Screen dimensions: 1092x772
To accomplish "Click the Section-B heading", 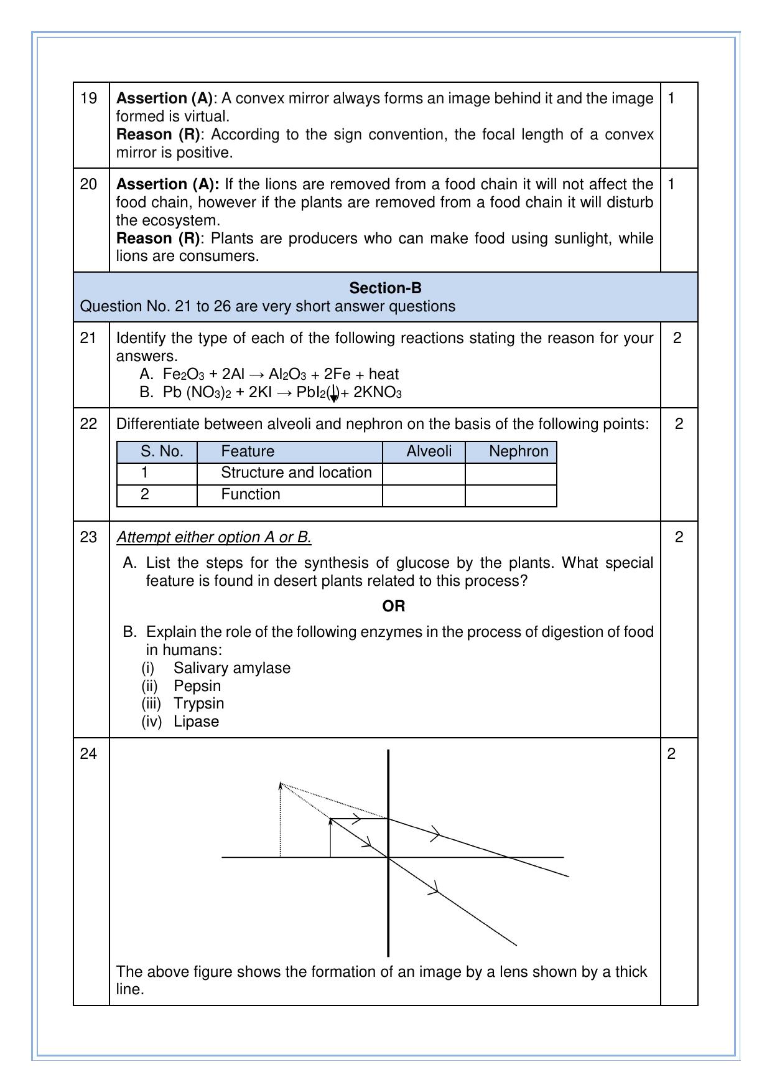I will [x=385, y=288].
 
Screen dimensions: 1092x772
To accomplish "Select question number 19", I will [x=89, y=98].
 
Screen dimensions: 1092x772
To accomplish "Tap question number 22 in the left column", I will [x=89, y=424].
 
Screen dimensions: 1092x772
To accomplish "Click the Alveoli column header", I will [x=429, y=451].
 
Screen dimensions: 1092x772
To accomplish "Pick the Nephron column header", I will [x=518, y=451].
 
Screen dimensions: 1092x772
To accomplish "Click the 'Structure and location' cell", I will [x=296, y=473].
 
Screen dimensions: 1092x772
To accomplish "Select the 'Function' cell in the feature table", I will [x=250, y=494].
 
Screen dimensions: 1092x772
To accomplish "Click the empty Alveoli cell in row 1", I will [x=424, y=474].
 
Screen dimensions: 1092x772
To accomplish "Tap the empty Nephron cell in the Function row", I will [x=511, y=496].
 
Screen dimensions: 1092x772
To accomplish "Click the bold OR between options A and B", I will [x=393, y=606].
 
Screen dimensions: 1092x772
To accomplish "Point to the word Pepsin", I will [x=197, y=685].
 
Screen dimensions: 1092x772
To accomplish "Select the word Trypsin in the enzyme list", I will [x=198, y=704].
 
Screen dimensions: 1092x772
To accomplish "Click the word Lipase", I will [x=196, y=722].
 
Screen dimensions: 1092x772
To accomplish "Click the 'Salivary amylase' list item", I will [x=231, y=668].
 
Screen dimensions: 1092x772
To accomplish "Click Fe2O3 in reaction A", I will [x=183, y=374].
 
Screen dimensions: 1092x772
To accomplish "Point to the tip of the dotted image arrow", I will [x=281, y=783].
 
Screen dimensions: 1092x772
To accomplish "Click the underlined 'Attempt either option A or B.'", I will [x=214, y=537].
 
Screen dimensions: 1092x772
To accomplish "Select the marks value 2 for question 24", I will [x=671, y=754].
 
